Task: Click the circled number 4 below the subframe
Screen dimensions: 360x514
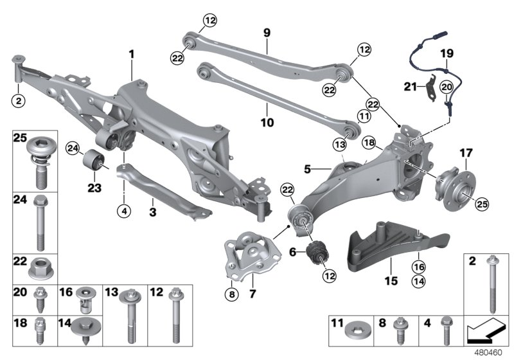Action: click(123, 210)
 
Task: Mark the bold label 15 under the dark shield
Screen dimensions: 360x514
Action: click(392, 280)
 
